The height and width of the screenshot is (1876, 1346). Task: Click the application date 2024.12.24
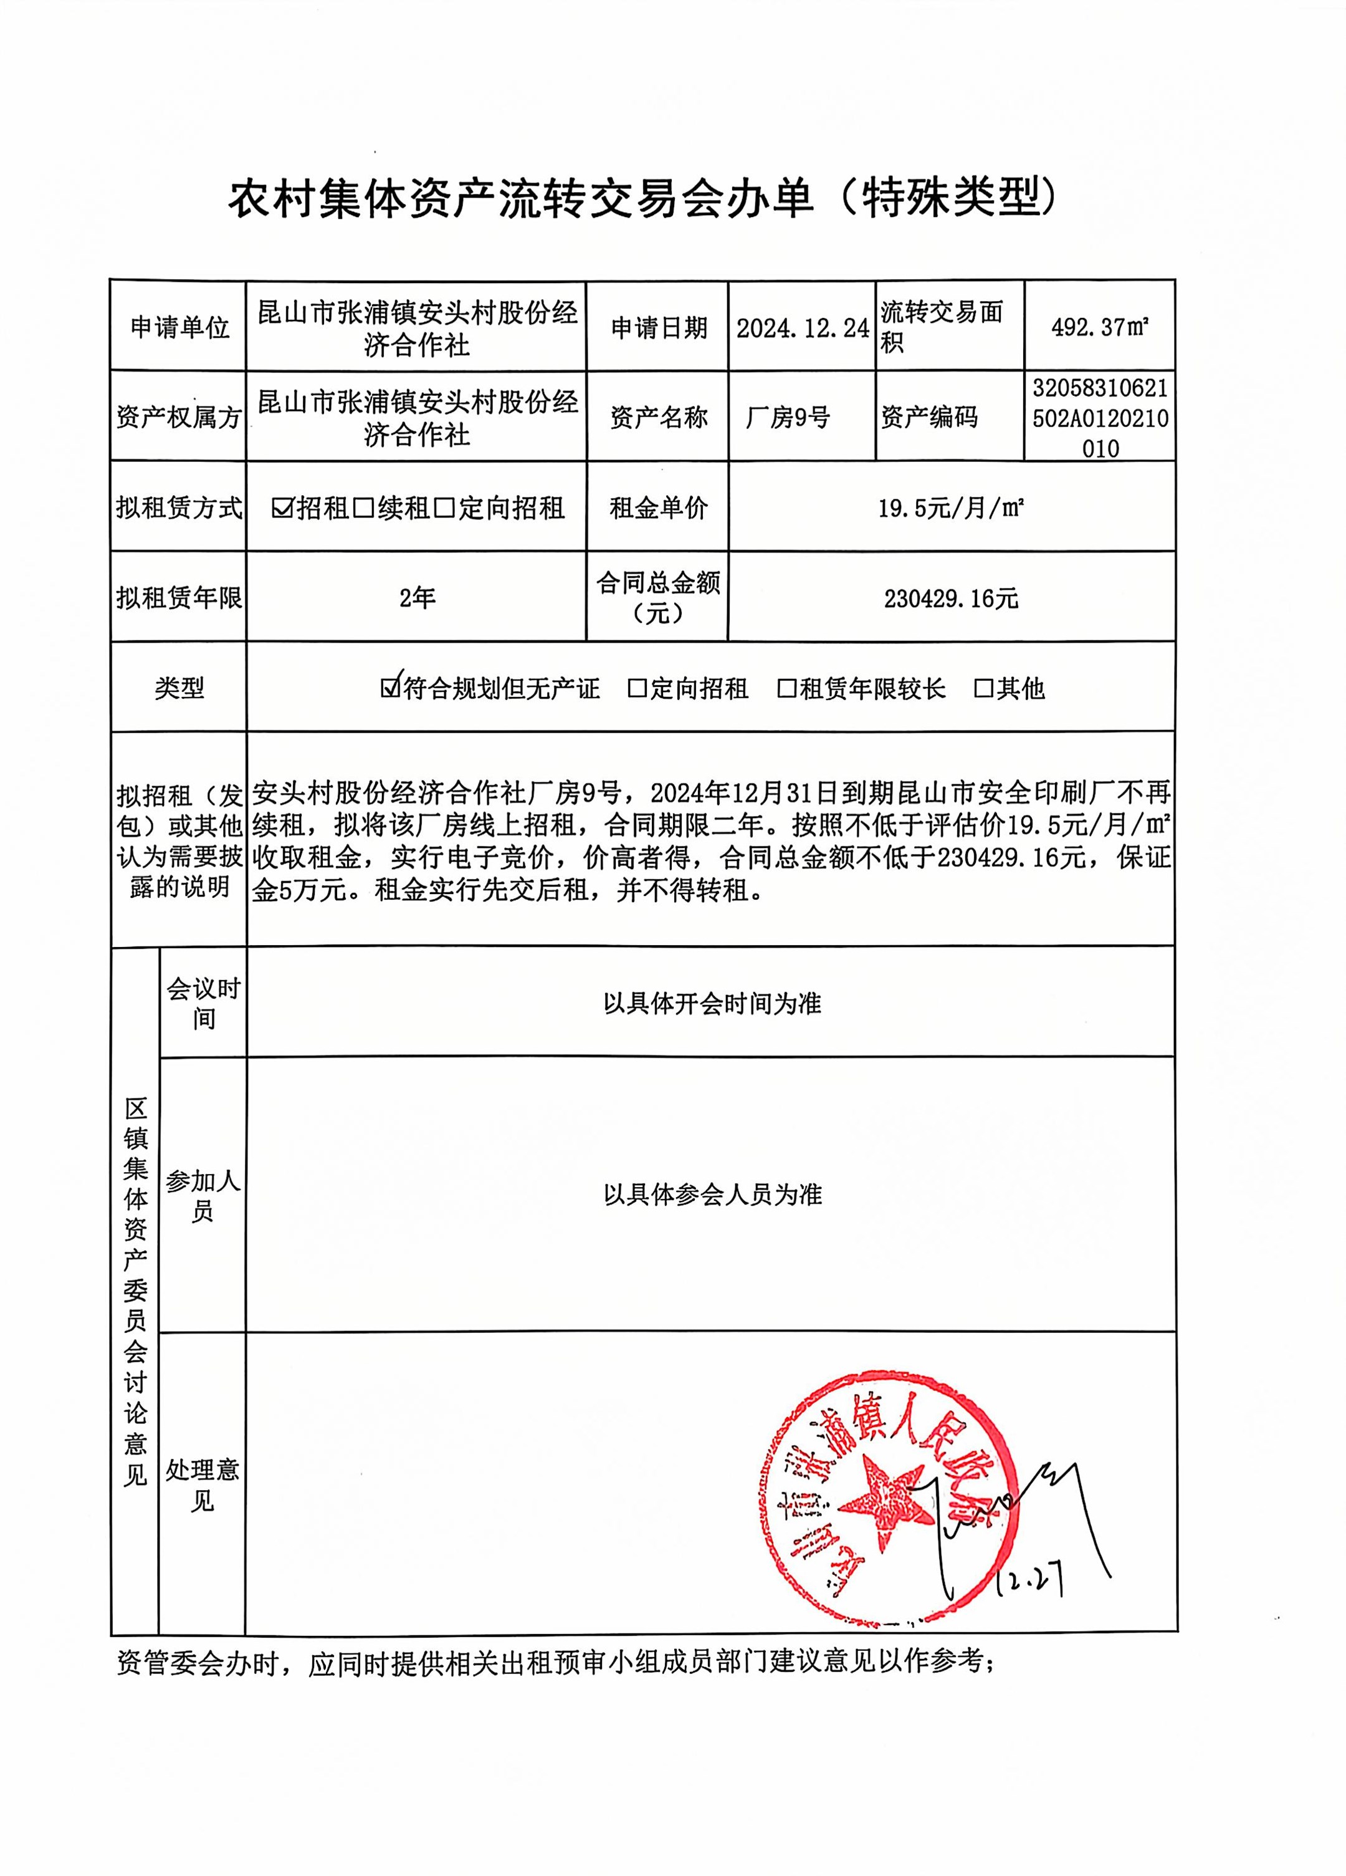(x=802, y=329)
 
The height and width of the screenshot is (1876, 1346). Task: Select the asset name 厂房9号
(x=788, y=418)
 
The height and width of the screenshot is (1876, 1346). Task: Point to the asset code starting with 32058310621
(x=1100, y=418)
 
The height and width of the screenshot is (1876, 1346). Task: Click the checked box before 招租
(x=283, y=508)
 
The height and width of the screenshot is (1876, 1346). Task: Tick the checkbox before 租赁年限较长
(x=786, y=688)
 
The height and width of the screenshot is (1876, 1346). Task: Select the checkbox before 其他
(x=984, y=688)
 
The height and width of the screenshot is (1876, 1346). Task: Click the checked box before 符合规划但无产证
(x=389, y=688)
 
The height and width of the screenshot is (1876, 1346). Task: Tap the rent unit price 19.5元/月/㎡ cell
(x=951, y=508)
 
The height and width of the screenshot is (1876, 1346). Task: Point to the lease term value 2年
(x=417, y=598)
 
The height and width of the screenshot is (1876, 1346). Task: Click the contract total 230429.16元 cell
(x=951, y=598)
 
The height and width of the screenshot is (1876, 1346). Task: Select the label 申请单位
(x=179, y=329)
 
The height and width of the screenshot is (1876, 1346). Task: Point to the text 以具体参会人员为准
(x=712, y=1195)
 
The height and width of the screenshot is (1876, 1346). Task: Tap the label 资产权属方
(x=179, y=418)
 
